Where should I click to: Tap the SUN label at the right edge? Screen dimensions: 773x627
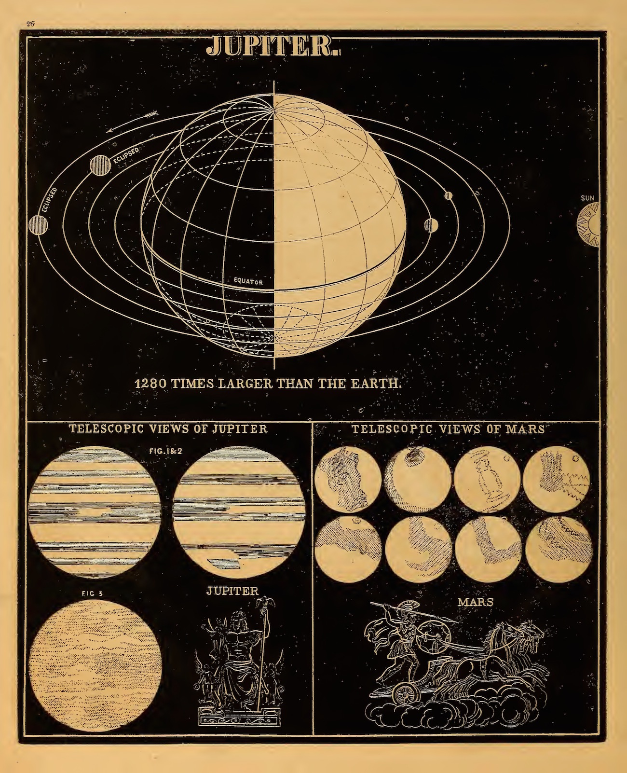[x=588, y=197]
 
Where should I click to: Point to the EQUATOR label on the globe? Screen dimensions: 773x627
[x=248, y=280]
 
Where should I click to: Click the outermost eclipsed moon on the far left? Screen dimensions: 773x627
[x=38, y=224]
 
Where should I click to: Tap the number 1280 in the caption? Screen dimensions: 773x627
[x=150, y=385]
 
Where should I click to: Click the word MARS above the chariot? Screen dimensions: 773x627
[x=476, y=602]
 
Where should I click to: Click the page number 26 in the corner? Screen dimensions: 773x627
[x=32, y=23]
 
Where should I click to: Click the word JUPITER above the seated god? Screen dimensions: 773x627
[x=232, y=591]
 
